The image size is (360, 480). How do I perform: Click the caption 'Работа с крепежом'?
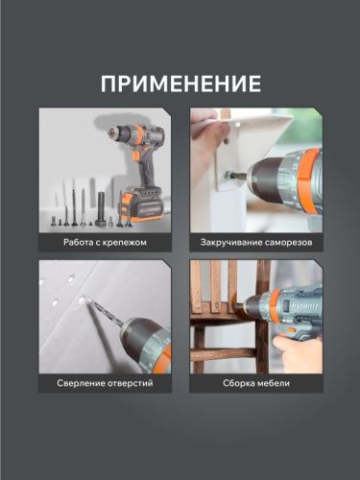pyautogui.click(x=106, y=242)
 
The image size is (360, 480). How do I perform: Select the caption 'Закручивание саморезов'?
pyautogui.click(x=255, y=242)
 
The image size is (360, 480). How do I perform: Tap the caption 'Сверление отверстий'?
pyautogui.click(x=106, y=385)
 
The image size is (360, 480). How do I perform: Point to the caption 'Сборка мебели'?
pyautogui.click(x=255, y=385)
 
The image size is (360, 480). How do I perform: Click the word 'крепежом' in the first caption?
pyautogui.click(x=125, y=242)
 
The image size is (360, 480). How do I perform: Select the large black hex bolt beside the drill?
pyautogui.click(x=100, y=208)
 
